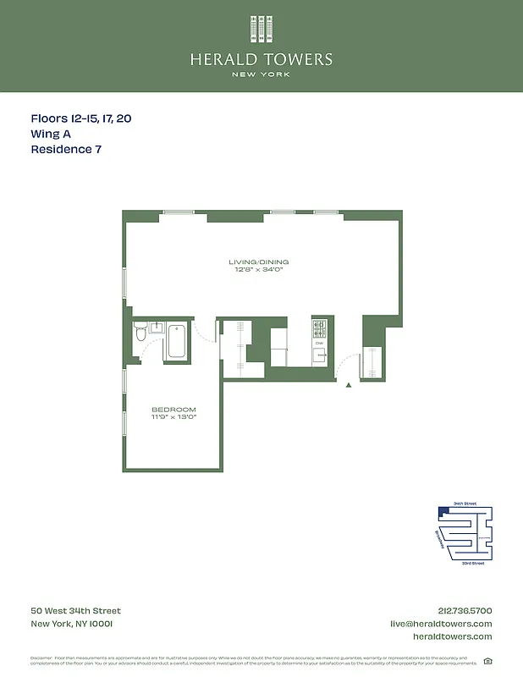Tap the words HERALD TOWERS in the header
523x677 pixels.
261,59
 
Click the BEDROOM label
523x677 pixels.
173,410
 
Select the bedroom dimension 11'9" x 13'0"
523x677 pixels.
173,417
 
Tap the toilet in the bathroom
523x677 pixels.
140,335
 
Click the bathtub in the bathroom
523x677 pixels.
178,342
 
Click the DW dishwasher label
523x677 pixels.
319,344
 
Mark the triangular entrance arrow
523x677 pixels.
348,386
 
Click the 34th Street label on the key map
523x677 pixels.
465,504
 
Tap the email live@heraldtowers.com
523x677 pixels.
440,624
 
